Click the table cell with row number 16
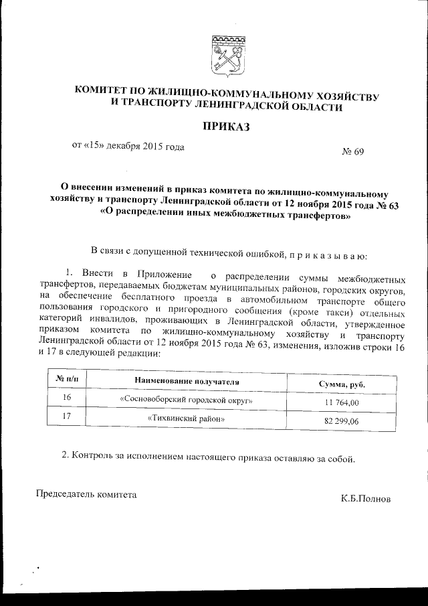click(x=66, y=398)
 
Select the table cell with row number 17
click(x=66, y=416)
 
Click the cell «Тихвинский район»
click(x=185, y=419)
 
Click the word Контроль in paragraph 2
click(x=93, y=457)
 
